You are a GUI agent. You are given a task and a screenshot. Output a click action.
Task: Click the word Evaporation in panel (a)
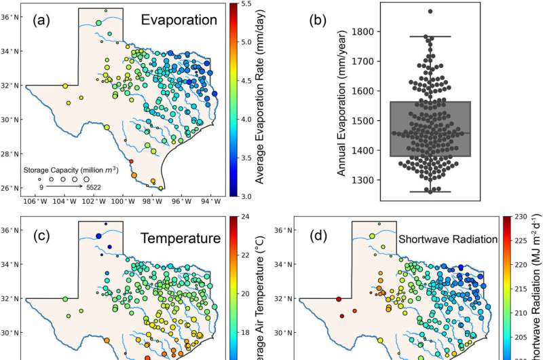click(x=179, y=20)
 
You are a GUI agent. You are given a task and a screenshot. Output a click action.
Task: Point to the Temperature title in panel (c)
click(x=179, y=238)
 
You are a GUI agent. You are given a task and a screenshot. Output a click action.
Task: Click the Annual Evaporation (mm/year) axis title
click(x=341, y=102)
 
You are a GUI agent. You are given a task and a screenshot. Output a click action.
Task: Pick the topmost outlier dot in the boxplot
click(x=430, y=12)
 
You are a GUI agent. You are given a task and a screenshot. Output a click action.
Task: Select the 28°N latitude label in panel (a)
click(x=13, y=154)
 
